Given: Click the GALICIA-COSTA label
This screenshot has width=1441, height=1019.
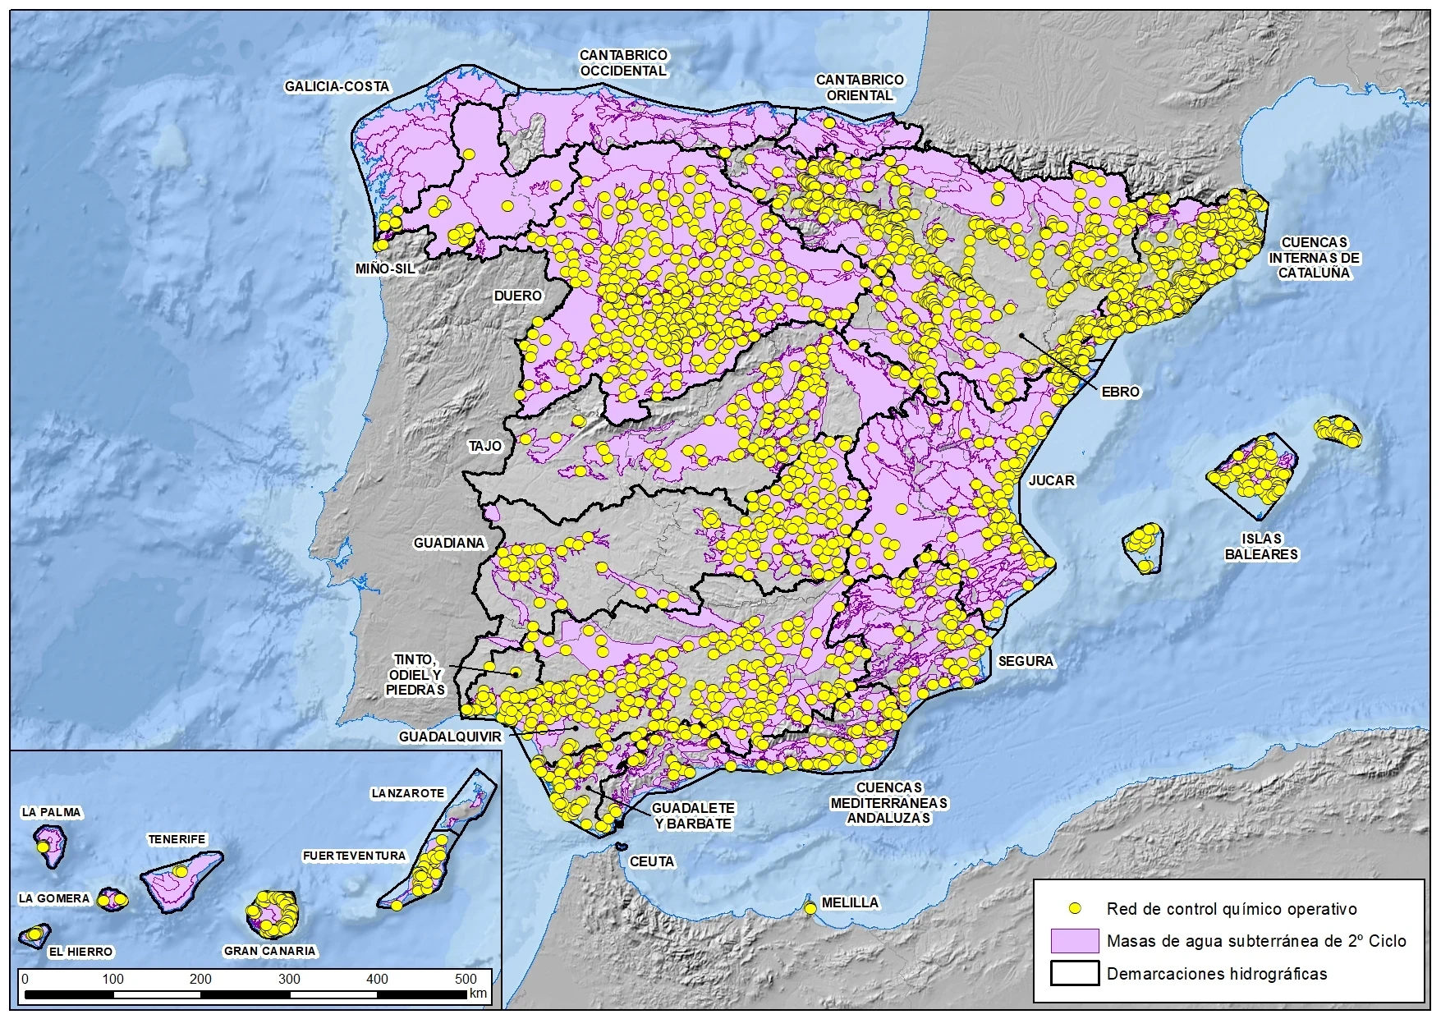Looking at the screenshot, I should coord(337,86).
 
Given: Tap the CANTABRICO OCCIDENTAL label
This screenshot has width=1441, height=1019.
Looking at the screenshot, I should coord(623,63).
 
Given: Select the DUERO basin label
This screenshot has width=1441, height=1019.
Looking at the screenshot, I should coord(517,296).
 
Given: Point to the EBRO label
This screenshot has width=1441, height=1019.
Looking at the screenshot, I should coord(1121,392).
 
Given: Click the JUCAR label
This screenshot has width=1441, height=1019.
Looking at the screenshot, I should coord(1051,480).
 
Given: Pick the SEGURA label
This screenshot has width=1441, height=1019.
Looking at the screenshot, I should coord(1026,661).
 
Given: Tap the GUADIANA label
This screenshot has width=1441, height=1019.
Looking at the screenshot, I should coord(449,543).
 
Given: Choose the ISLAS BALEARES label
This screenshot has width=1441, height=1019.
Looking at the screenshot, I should coord(1261,546).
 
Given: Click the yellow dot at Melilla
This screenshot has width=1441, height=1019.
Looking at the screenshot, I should coord(810,908).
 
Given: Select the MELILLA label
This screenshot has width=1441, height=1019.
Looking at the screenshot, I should coord(850,902).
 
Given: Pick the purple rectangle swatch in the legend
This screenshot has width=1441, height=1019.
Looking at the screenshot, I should coord(1074,941).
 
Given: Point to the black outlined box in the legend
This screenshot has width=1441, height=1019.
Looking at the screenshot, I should coord(1074,973).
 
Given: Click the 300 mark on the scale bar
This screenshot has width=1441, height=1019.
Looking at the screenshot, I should coord(289,979).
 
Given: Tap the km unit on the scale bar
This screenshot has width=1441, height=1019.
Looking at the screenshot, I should coord(478,994).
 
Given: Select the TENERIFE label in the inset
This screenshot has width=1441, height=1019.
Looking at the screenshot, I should coord(177,839).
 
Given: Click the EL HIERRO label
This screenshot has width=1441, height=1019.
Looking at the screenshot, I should coord(80,952).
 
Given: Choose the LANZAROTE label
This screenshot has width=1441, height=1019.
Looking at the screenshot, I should coord(407,793).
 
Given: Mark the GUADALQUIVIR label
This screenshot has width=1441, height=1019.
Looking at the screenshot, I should coord(449,737).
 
